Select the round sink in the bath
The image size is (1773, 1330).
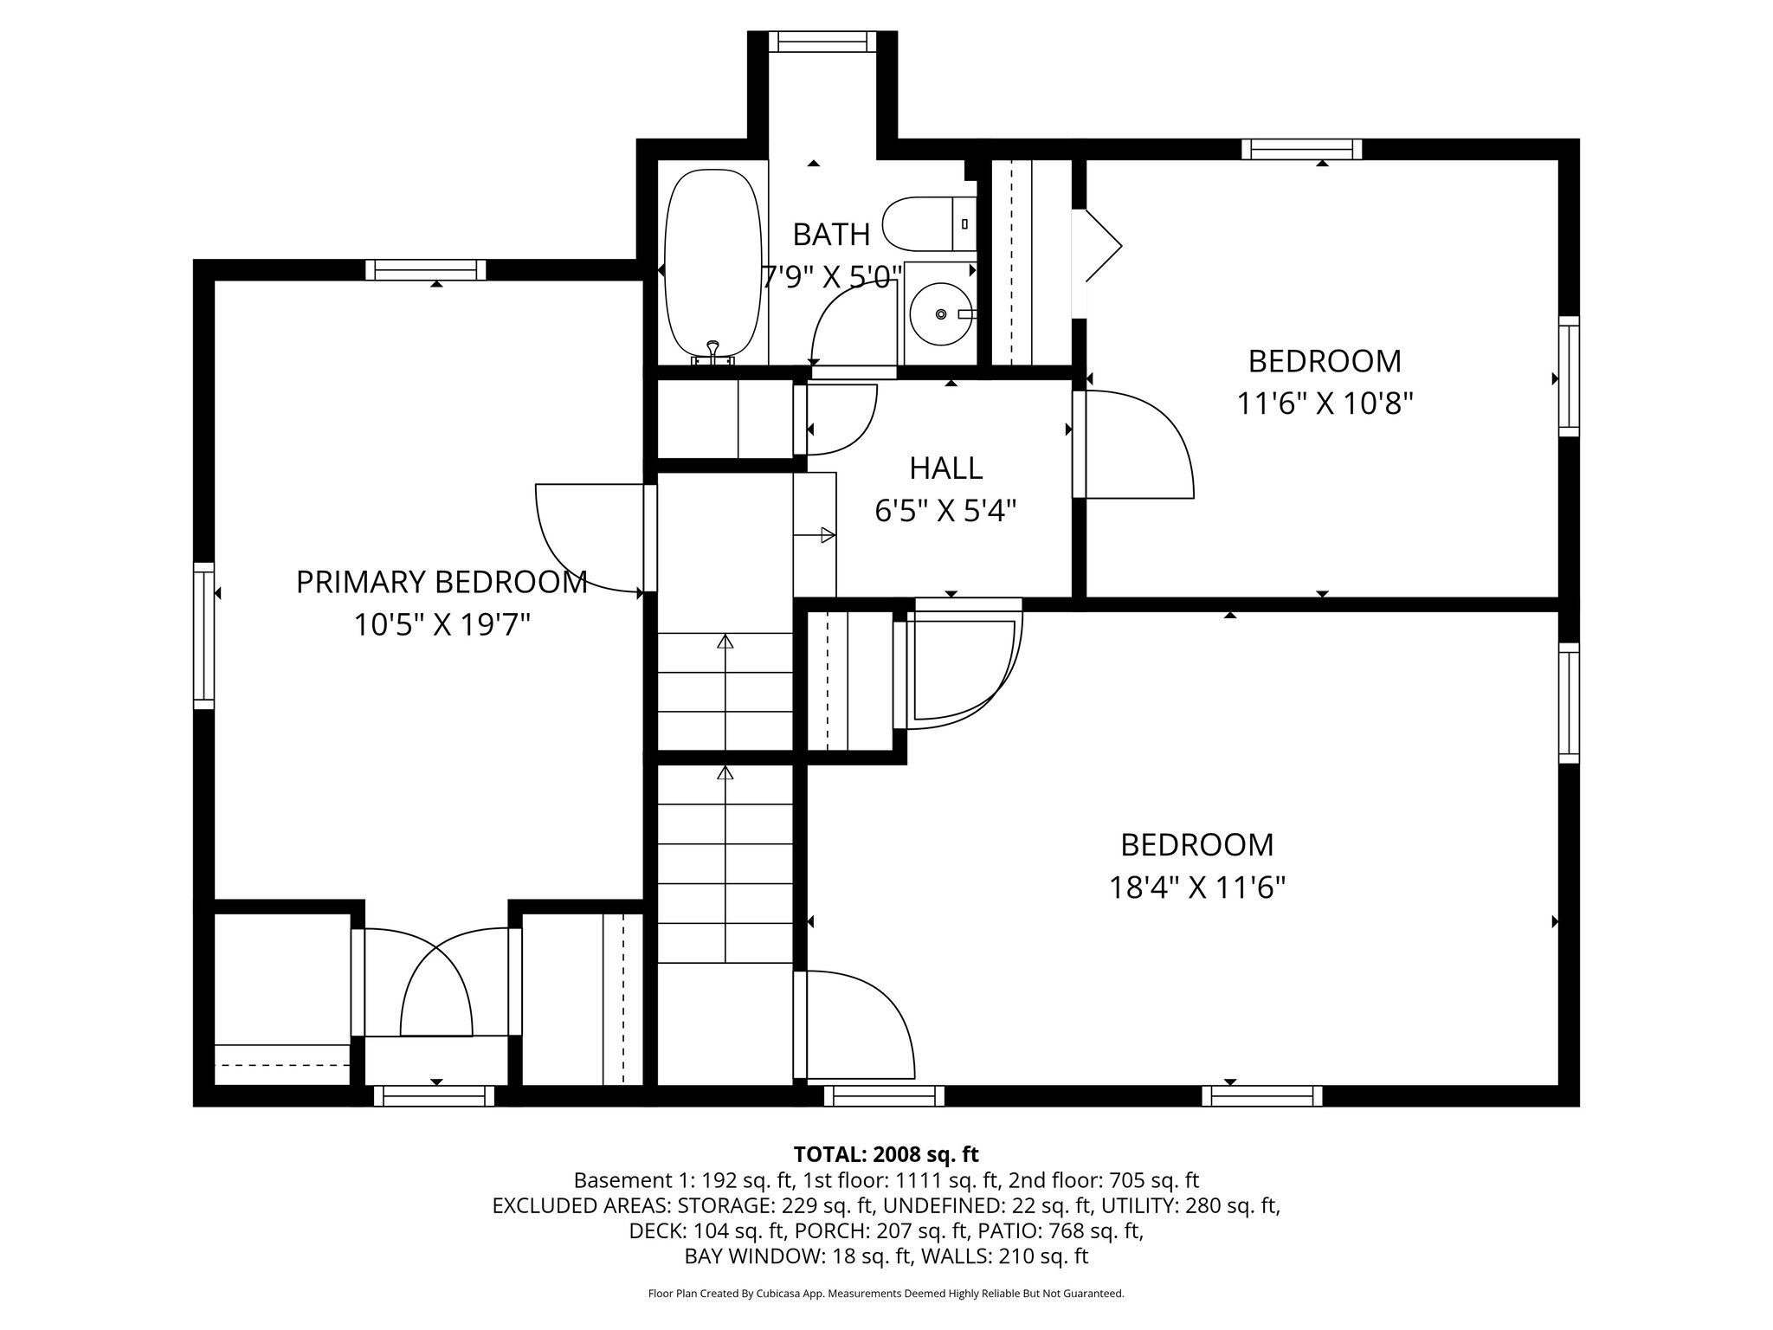[940, 313]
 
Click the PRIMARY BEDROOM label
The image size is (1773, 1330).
[442, 582]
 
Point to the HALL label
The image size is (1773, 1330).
[945, 468]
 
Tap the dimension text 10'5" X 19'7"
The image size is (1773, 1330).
[442, 624]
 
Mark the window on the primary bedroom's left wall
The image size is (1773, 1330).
[203, 635]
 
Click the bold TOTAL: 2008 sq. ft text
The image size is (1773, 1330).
[886, 1154]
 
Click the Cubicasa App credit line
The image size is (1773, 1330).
[886, 1294]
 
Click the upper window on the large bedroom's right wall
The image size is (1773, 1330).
[1569, 702]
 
